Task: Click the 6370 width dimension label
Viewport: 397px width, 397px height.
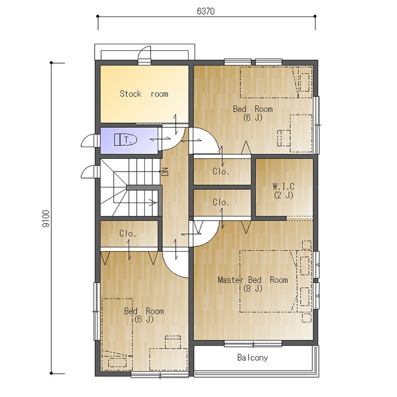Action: (206, 12)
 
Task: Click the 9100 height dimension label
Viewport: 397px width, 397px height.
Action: (46, 218)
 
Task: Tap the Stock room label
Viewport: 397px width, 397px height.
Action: (144, 94)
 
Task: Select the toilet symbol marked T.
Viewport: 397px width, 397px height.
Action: (126, 140)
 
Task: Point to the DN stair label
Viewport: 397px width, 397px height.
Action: (165, 172)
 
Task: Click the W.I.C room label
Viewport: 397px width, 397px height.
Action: (284, 187)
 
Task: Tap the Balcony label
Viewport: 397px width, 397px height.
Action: (252, 357)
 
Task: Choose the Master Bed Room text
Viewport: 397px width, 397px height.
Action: (253, 280)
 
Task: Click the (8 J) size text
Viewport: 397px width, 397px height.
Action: (253, 288)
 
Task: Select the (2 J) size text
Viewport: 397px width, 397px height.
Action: (284, 195)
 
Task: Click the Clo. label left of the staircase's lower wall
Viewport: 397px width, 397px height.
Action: (128, 234)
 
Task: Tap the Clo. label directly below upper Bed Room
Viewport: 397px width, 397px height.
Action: (221, 172)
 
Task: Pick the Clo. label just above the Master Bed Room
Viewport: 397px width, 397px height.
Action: (221, 203)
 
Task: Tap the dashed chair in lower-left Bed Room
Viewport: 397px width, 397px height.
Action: (173, 342)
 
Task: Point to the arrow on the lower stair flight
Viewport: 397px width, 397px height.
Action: (152, 203)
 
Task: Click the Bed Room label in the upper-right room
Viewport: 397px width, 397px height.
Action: (253, 109)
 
